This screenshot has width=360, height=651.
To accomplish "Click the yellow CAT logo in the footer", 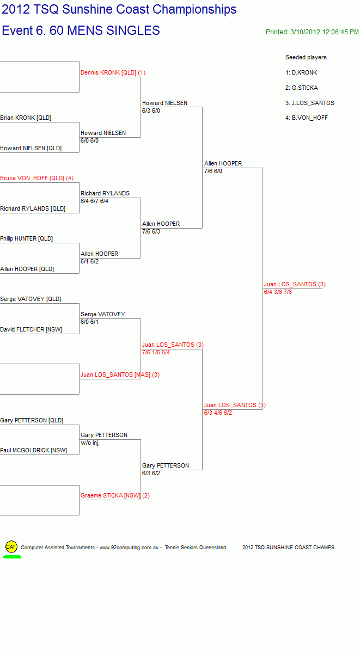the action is pyautogui.click(x=11, y=547).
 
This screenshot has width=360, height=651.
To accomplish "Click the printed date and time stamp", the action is pyautogui.click(x=312, y=32).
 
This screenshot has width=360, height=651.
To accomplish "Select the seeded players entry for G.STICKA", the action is pyautogui.click(x=302, y=88).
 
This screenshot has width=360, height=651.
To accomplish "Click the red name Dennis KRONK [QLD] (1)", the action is pyautogui.click(x=113, y=72).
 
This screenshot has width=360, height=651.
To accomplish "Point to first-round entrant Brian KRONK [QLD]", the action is pyautogui.click(x=26, y=118).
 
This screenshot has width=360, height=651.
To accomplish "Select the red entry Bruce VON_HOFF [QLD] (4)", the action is pyautogui.click(x=36, y=178).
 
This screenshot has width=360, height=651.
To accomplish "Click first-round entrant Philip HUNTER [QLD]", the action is pyautogui.click(x=27, y=239).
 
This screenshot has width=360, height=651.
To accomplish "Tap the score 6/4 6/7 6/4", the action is pyautogui.click(x=94, y=201).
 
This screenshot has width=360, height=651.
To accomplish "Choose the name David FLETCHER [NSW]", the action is pyautogui.click(x=31, y=330).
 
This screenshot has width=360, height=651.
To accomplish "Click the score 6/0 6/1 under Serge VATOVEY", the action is pyautogui.click(x=90, y=322).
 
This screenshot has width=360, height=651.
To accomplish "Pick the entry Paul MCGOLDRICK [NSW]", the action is pyautogui.click(x=33, y=451).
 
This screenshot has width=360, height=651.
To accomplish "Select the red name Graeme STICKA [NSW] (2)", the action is pyautogui.click(x=115, y=496).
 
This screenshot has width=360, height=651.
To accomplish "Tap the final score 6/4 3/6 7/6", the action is pyautogui.click(x=278, y=292).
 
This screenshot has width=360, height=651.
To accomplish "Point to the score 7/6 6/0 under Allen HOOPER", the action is pyautogui.click(x=213, y=171).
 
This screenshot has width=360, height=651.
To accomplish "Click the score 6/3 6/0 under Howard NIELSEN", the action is pyautogui.click(x=151, y=110).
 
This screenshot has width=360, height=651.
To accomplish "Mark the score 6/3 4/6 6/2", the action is pyautogui.click(x=218, y=413).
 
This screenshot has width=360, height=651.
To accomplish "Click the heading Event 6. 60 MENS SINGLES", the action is pyautogui.click(x=81, y=30).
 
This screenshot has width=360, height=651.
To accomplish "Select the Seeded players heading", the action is pyautogui.click(x=306, y=57).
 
